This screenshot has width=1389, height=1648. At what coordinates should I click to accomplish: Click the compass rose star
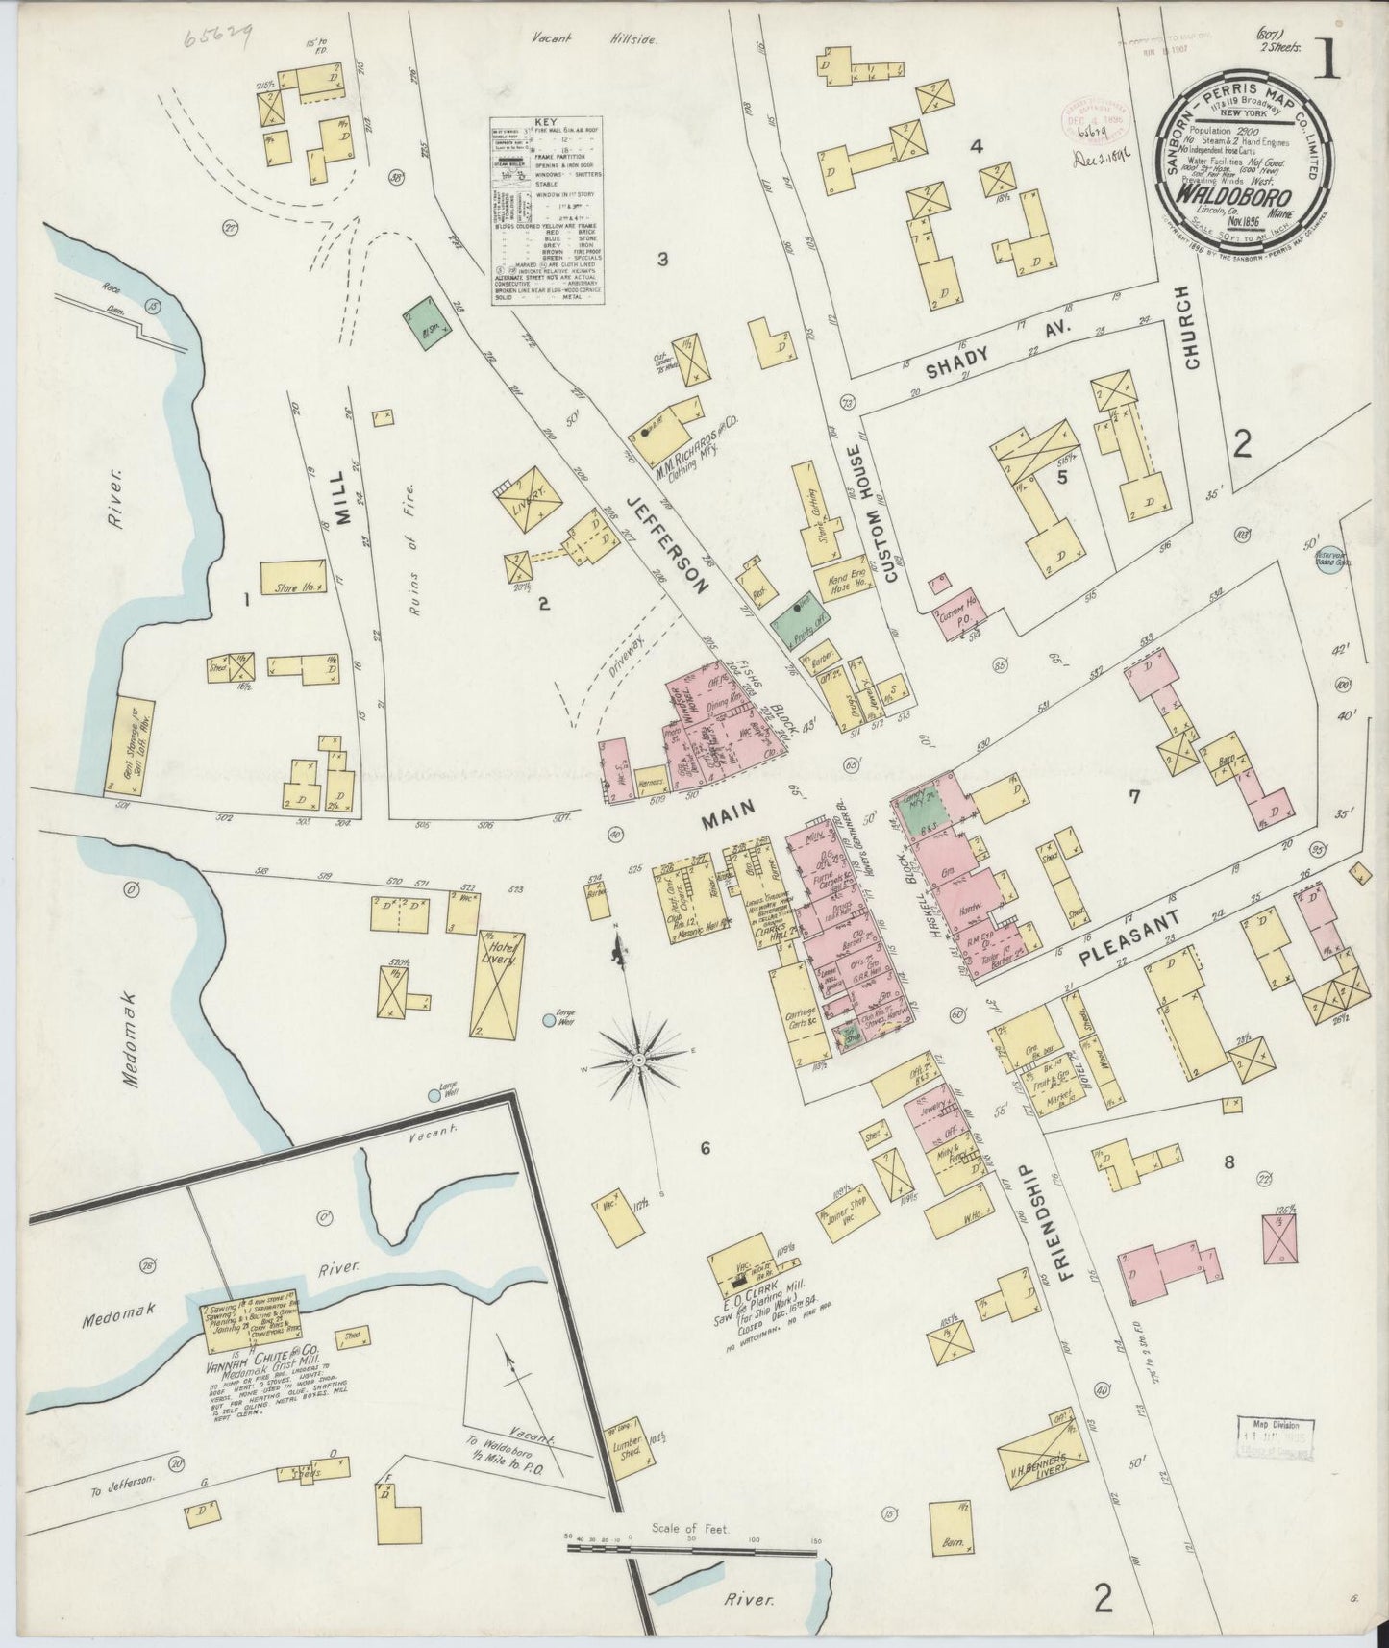pos(638,1059)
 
